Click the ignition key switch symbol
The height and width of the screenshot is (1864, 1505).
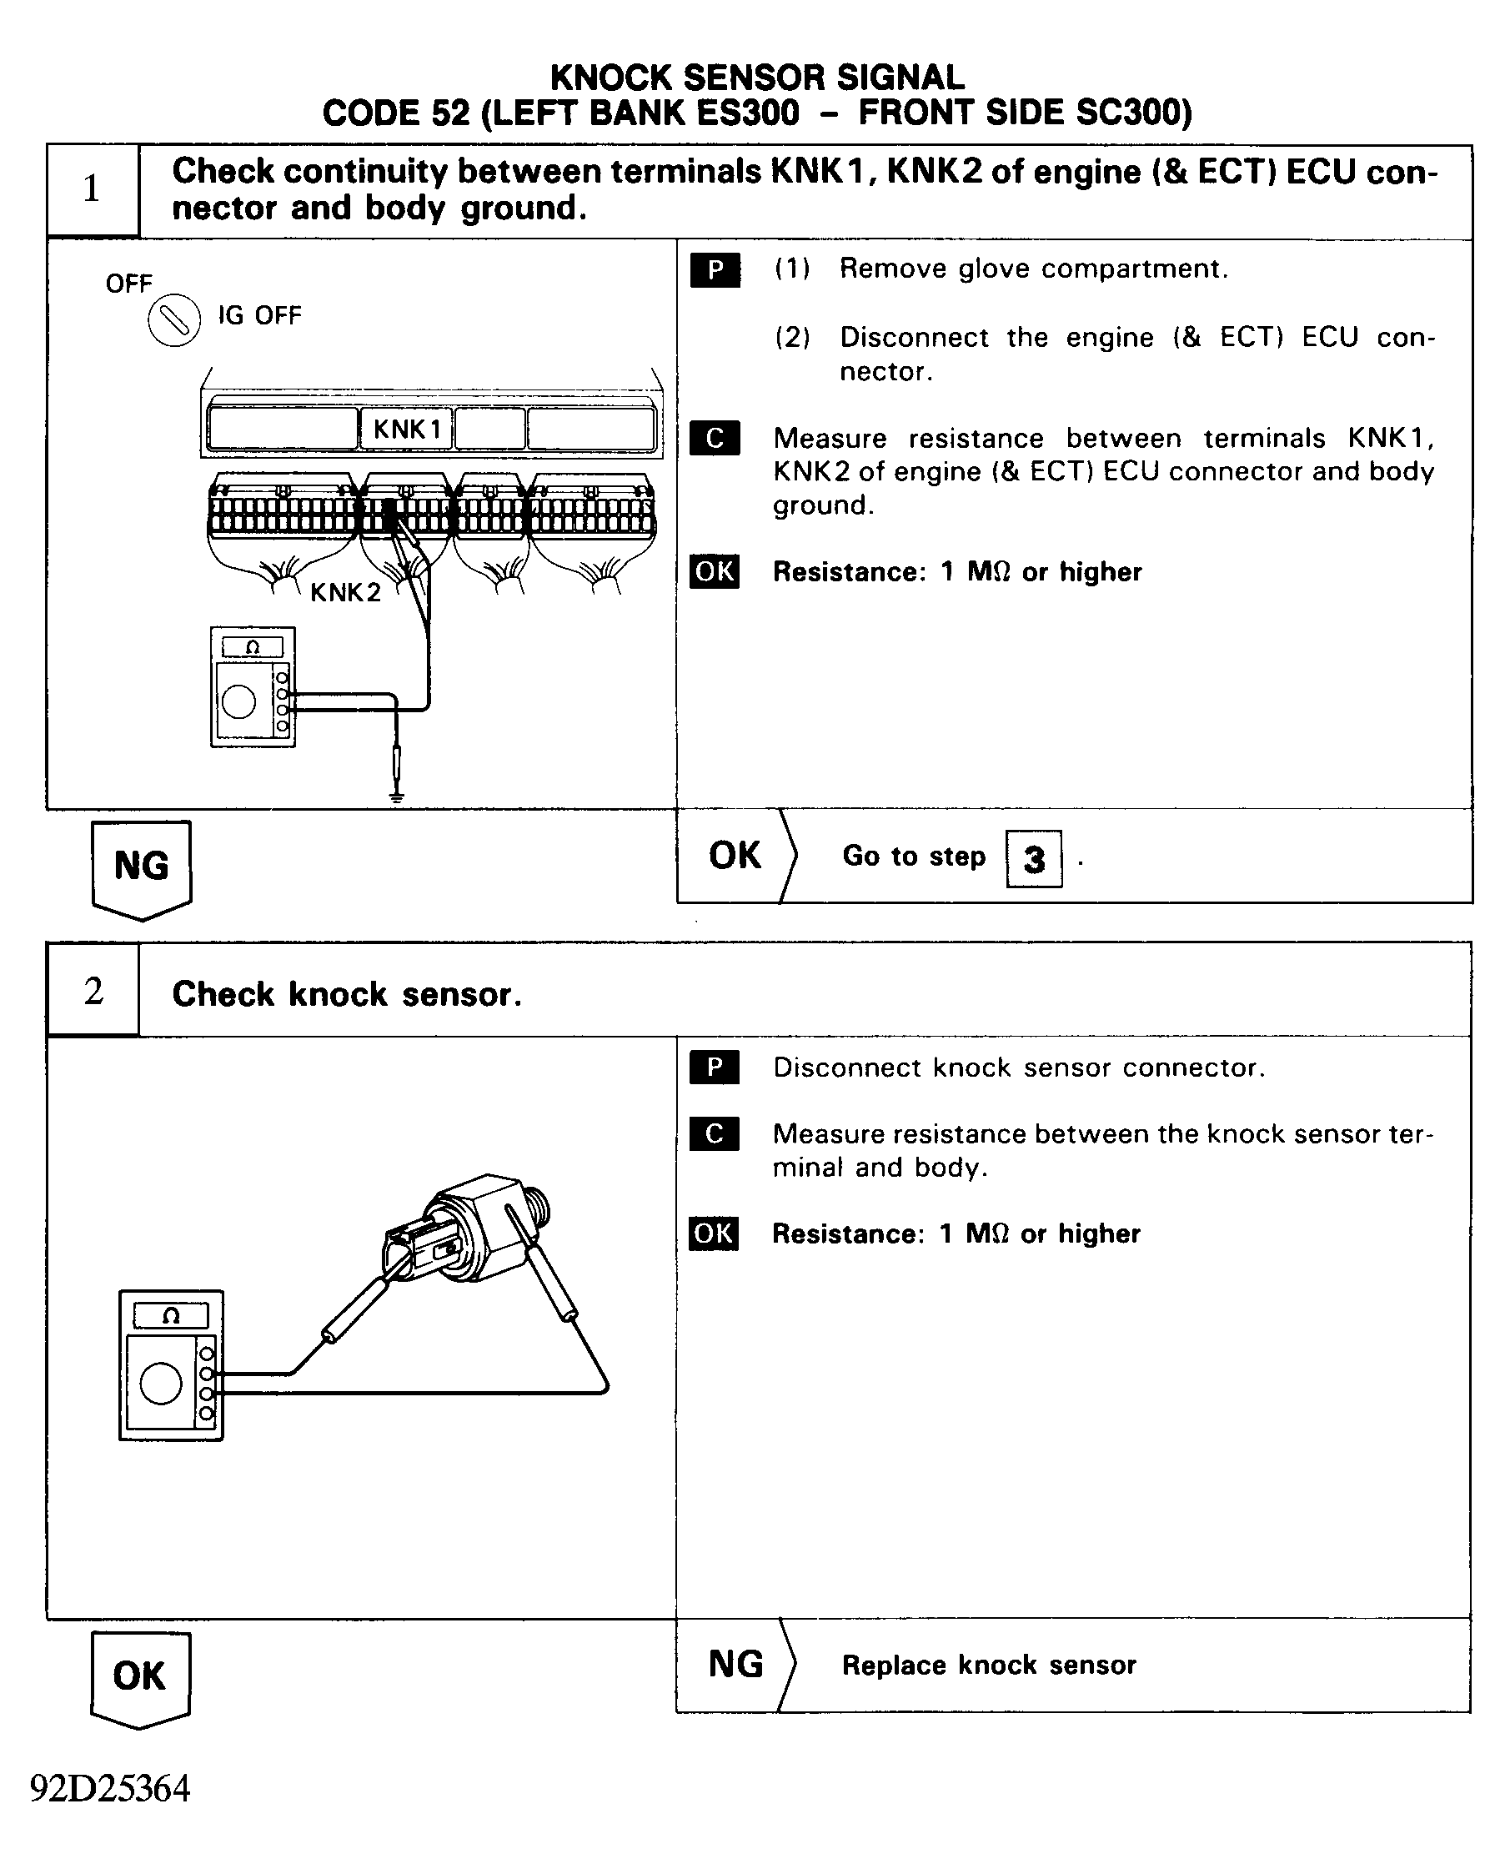pos(174,321)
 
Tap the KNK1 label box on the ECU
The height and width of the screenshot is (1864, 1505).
pos(407,429)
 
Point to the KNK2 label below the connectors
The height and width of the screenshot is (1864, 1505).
pos(345,592)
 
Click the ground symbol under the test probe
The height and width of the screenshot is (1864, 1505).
pos(396,795)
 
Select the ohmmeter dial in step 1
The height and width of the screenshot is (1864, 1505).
pos(238,701)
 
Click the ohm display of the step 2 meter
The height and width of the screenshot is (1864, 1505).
pos(171,1315)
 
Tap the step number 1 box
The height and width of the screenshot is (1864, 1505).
pos(92,190)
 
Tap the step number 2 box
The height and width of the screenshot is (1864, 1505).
pos(93,990)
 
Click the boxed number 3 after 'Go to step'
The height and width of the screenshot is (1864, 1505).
pos(1033,858)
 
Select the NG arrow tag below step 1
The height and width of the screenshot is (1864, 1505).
pos(141,868)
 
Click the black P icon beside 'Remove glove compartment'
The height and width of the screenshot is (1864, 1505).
pos(715,269)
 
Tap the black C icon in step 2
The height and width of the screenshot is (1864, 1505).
pos(715,1133)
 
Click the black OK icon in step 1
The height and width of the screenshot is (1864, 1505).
pos(715,571)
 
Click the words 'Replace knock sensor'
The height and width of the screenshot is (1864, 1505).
pos(988,1665)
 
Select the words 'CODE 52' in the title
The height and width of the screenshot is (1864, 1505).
pos(396,113)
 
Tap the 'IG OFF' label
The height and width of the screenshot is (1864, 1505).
pos(259,314)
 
